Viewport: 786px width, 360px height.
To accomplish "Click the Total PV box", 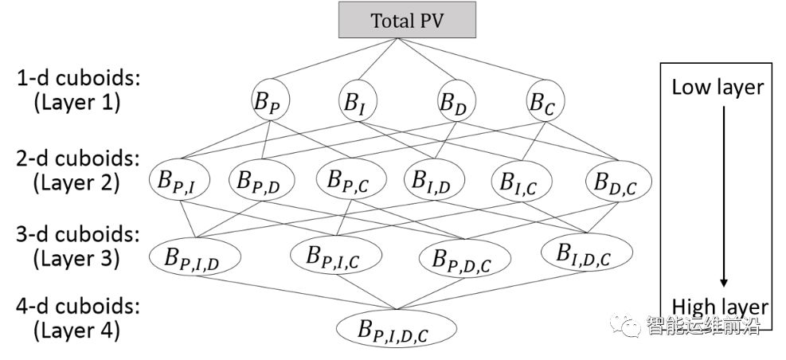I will tap(406, 21).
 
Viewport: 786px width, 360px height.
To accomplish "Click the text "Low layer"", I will tap(718, 87).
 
